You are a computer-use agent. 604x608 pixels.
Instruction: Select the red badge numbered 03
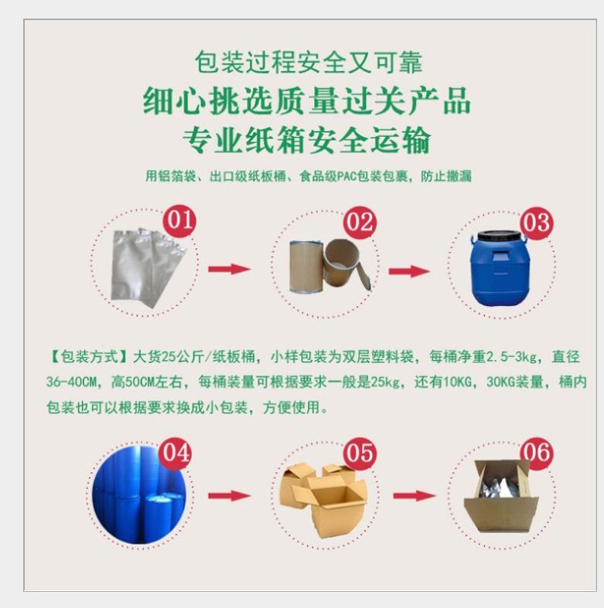(536, 222)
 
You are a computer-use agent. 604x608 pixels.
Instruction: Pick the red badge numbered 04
(174, 453)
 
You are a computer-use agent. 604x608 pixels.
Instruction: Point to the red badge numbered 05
(360, 453)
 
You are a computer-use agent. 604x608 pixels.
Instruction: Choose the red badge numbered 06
(537, 453)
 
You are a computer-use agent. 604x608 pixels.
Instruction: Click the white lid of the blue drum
(497, 237)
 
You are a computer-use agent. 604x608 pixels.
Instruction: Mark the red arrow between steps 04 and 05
(229, 495)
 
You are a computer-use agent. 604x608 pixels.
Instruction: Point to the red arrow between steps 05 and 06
(414, 495)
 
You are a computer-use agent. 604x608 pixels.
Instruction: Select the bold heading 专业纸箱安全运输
(306, 141)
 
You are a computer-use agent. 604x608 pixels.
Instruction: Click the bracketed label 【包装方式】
(87, 357)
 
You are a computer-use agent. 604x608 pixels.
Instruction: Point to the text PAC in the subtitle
(345, 176)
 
